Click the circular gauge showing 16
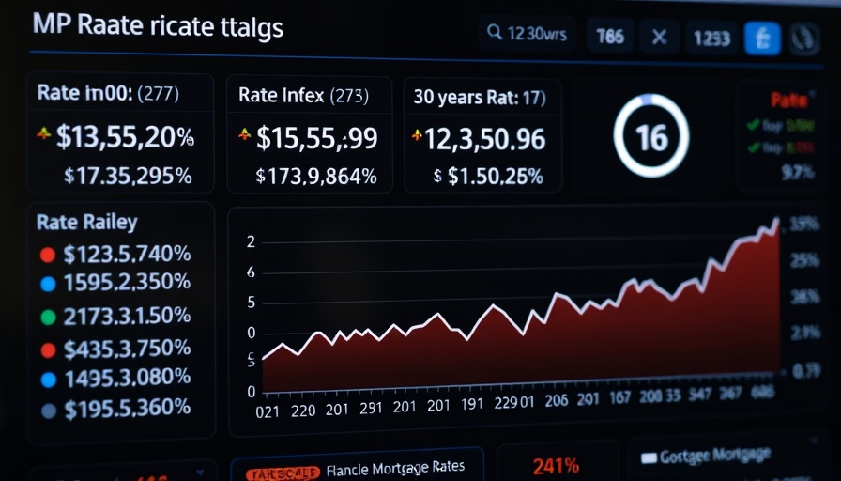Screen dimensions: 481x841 point(651,137)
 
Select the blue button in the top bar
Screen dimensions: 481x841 point(762,38)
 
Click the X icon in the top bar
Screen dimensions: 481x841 point(660,38)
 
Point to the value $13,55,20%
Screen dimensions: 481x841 point(124,137)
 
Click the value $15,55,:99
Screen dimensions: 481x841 point(316,138)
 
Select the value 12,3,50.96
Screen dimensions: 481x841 point(484,138)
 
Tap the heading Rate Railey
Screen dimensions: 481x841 point(86,223)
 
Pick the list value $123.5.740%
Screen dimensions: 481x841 point(127,254)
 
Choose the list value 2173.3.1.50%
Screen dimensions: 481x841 point(127,316)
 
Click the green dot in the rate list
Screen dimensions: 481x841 point(49,317)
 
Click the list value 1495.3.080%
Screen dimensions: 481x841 point(127,380)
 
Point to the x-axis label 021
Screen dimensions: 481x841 point(268,410)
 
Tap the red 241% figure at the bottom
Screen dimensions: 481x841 point(556,465)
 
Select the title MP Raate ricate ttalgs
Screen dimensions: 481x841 point(158,25)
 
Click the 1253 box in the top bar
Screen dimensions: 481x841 point(711,38)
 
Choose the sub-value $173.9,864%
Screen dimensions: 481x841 point(316,175)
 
